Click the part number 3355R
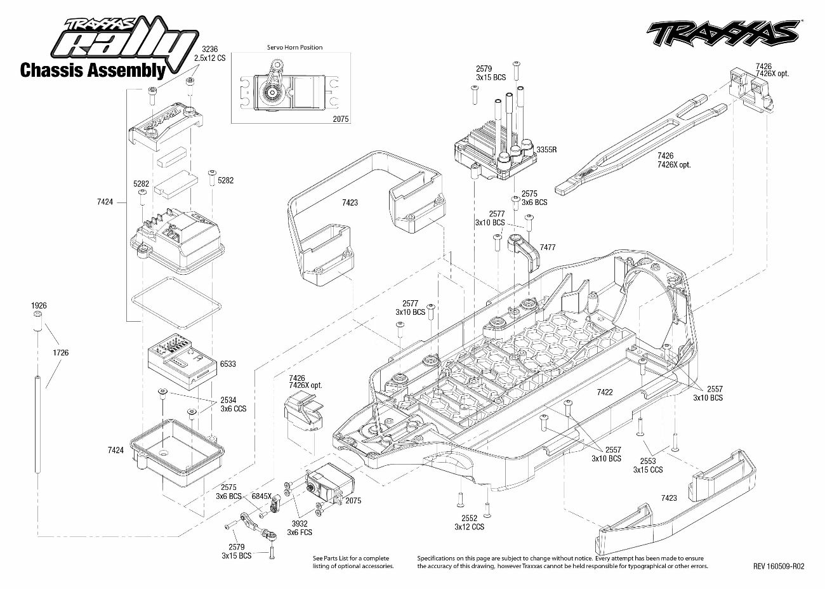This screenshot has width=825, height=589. tap(546, 150)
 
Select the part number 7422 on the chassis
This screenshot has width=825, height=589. tap(605, 392)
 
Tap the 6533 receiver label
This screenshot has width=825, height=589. tap(228, 364)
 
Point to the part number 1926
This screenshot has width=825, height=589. tap(39, 305)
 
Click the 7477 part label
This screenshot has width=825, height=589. tap(548, 246)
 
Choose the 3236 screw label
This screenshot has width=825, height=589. tap(210, 49)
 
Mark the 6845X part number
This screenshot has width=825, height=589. tap(261, 496)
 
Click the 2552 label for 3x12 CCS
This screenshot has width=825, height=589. tap(469, 518)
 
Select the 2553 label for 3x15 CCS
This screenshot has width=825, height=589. tap(647, 461)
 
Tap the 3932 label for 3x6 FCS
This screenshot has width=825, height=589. tap(300, 524)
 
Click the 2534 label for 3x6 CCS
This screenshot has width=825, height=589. tap(228, 400)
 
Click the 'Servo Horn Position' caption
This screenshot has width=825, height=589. tap(294, 47)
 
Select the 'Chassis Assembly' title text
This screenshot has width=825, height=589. tap(93, 70)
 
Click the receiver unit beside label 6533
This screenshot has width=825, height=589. tap(180, 357)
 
